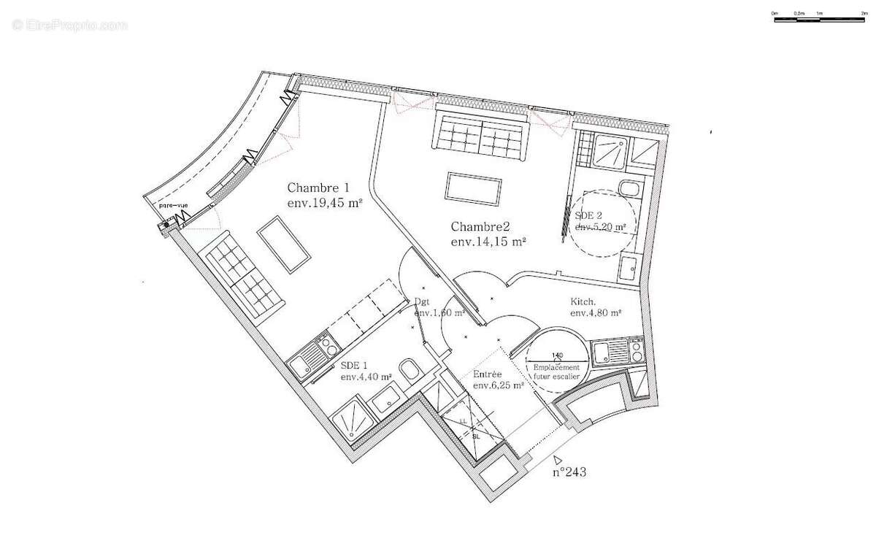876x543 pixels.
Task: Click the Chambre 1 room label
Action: pos(318,188)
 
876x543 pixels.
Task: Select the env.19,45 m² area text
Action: pos(325,204)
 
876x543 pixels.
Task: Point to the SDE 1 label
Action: pos(356,364)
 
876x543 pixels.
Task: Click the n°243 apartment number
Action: pos(569,472)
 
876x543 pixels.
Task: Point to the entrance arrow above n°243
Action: pos(558,459)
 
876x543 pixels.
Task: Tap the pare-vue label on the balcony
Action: pos(174,206)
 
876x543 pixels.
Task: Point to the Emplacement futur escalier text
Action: pos(556,371)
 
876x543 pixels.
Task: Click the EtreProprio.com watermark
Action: pos(69,25)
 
